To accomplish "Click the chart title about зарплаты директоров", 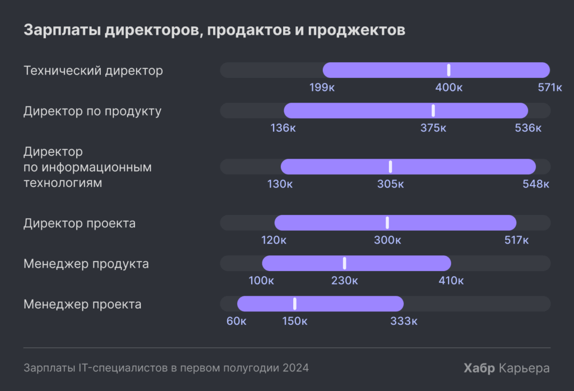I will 214,30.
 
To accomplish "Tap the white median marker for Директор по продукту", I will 433,111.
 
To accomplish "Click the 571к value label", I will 549,88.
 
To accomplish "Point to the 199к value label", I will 322,88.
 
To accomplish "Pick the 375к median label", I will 433,128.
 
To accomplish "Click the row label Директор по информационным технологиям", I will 87,167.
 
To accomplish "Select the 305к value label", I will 390,184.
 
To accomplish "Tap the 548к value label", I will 536,184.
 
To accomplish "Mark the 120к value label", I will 274,240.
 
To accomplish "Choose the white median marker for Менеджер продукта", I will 344,263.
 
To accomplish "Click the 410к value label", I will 451,280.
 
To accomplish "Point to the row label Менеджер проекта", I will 82,305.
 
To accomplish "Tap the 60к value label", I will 237,321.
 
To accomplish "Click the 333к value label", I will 404,321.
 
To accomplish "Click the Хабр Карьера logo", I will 507,369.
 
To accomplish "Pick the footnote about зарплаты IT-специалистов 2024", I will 166,369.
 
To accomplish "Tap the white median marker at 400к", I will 448,70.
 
